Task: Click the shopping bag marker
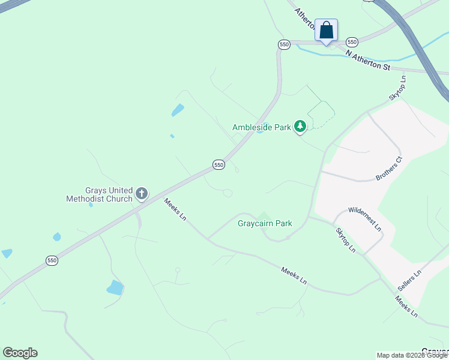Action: click(326, 31)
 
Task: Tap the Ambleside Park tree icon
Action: click(300, 127)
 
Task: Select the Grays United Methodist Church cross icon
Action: click(142, 193)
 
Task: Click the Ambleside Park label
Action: click(262, 127)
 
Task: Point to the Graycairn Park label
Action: click(265, 224)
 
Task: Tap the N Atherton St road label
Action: click(367, 60)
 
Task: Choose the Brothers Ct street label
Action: click(388, 169)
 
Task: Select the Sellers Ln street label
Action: click(409, 281)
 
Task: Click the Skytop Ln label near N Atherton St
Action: click(397, 88)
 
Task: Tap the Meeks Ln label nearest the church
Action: click(175, 210)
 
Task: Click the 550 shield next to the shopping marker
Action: click(352, 42)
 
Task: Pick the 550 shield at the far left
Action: click(52, 260)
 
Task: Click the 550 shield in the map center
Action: click(218, 164)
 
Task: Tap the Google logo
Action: click(20, 353)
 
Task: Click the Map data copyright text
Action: click(412, 355)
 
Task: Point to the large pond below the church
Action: click(115, 288)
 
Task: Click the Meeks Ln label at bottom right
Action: click(406, 307)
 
